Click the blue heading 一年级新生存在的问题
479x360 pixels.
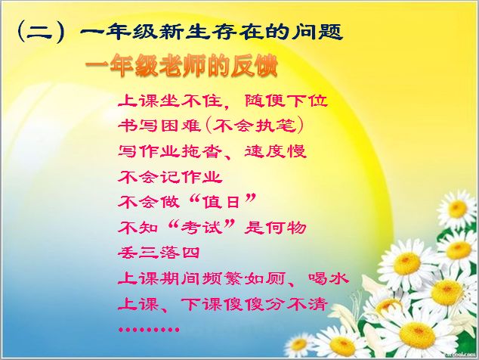[211, 32]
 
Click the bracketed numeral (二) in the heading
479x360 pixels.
[42, 32]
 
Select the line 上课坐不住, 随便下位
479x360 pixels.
[223, 101]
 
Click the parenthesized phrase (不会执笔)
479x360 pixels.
[255, 126]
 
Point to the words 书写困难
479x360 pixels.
[159, 126]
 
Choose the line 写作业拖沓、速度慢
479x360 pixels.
[212, 151]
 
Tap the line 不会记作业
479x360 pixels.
[170, 176]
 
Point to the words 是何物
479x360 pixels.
[275, 227]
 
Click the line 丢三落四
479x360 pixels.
[159, 253]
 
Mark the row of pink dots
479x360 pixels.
[149, 330]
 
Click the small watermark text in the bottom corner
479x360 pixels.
[461, 354]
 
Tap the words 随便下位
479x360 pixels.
[286, 101]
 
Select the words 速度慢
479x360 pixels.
[275, 151]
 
